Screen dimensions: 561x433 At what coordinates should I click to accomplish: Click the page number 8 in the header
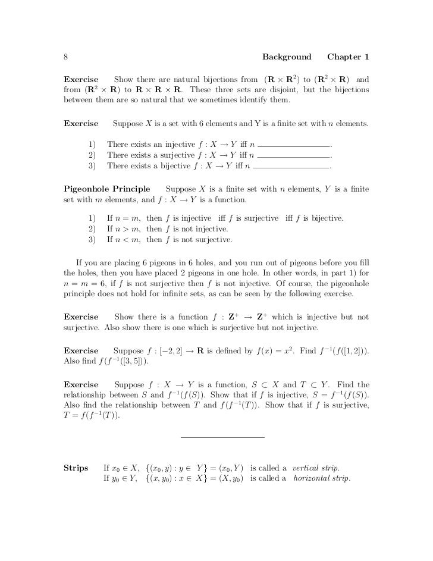click(x=65, y=57)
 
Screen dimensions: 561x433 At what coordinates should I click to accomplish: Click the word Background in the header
click(x=287, y=57)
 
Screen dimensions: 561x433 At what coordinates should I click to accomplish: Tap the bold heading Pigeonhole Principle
click(x=106, y=189)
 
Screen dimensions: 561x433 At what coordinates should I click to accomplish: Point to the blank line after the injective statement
click(x=295, y=146)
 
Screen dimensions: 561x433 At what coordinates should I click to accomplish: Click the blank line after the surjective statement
click(x=295, y=156)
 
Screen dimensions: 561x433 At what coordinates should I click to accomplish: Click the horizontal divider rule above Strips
click(x=221, y=438)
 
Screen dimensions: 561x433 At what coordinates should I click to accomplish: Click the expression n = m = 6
click(x=84, y=283)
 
